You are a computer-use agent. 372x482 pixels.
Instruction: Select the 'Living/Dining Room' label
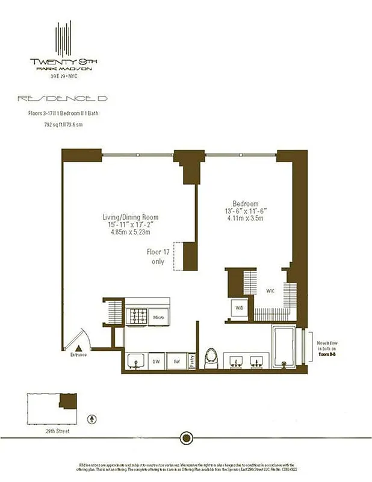[130, 217]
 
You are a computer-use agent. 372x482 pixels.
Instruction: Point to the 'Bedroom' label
[246, 204]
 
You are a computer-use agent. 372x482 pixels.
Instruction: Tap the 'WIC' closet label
[271, 291]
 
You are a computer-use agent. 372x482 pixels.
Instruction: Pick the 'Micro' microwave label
[159, 317]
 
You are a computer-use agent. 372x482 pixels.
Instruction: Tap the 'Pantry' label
[192, 360]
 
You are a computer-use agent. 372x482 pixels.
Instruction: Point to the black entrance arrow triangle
[79, 347]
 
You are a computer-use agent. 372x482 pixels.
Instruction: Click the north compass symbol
[91, 418]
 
